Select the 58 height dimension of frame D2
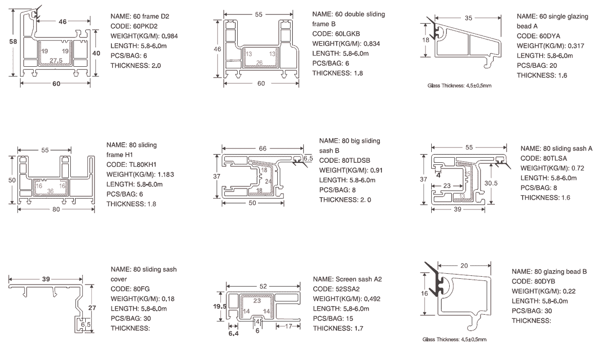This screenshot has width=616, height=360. point(13,43)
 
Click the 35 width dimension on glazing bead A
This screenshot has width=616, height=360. point(468,18)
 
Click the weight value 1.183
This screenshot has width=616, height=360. point(164,175)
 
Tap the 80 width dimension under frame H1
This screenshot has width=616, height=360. point(55,210)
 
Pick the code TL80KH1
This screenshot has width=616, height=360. point(143,165)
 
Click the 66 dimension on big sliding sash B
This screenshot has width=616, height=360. point(262,148)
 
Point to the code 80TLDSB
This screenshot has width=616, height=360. point(355,160)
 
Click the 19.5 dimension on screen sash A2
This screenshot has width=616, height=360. point(220,307)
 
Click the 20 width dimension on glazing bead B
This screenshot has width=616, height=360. point(464,266)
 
